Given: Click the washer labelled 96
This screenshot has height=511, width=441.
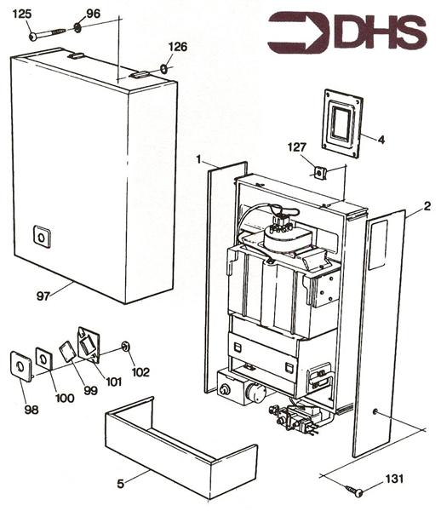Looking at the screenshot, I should point(77,29).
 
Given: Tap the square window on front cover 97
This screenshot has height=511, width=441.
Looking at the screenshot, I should point(41,237).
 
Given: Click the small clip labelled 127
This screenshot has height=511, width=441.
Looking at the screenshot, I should point(318,173).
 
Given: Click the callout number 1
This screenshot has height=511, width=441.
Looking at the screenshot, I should point(198,159).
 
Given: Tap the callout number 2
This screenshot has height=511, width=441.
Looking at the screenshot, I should point(427,205).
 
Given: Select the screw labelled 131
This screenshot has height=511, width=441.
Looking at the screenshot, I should point(355,491).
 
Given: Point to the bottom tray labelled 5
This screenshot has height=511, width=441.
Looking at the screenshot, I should point(178,443).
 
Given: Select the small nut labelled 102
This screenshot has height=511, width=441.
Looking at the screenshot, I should point(125,346).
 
